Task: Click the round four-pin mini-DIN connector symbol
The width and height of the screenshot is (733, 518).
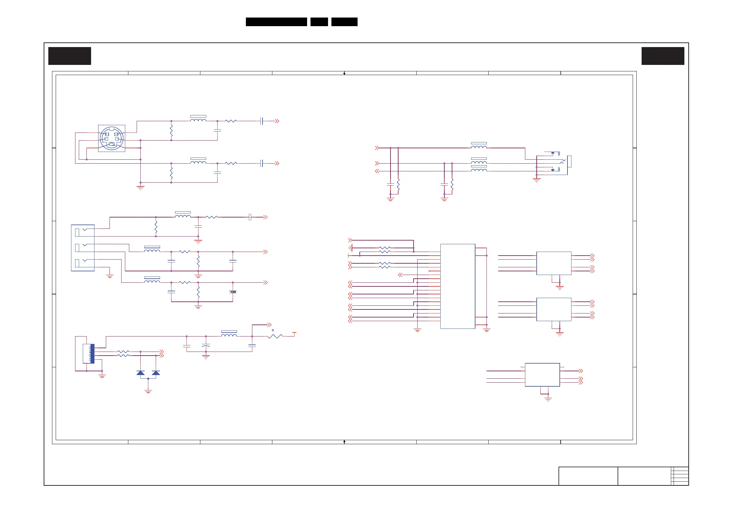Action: click(x=111, y=138)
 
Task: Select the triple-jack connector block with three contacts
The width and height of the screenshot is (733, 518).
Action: click(x=83, y=248)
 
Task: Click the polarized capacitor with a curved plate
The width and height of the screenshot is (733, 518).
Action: click(x=206, y=346)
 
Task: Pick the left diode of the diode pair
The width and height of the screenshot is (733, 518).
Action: click(x=140, y=373)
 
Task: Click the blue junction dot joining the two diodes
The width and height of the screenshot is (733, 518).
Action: click(x=148, y=379)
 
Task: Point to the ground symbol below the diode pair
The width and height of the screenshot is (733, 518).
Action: click(x=148, y=391)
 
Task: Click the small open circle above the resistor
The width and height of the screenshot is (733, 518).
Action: click(x=273, y=330)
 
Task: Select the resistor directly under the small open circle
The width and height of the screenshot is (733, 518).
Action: click(x=275, y=336)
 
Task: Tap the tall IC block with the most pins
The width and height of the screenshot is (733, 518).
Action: click(x=458, y=286)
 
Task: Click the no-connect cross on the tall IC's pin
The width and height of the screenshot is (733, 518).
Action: click(x=429, y=271)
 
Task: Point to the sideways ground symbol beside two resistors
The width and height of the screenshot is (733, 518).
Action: click(x=350, y=248)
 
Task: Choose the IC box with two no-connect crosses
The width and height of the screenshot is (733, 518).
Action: click(x=542, y=375)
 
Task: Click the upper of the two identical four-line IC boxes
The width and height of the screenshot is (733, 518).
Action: click(x=554, y=263)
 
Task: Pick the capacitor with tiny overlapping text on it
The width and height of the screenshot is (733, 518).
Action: click(x=233, y=292)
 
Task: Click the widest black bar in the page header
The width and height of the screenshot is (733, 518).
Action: click(x=276, y=22)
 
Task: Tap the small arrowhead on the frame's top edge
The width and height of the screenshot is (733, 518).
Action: click(x=344, y=74)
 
